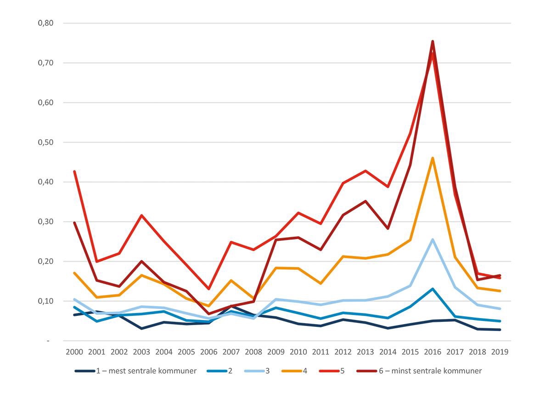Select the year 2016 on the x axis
[433, 352]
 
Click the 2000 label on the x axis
[74, 352]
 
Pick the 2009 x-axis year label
[276, 352]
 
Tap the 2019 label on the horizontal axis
[500, 352]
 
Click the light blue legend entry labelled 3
[264, 371]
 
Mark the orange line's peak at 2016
[433, 158]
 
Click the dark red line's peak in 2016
[433, 41]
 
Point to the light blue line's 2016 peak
[433, 240]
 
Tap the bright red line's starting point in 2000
[74, 171]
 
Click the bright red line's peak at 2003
[141, 215]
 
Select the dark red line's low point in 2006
[209, 314]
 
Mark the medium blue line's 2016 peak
[433, 289]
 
